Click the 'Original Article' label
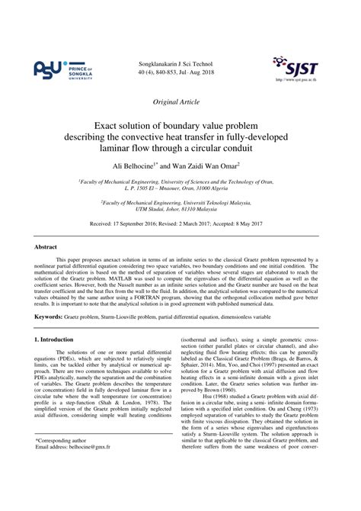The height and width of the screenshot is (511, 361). [x=180, y=101]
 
